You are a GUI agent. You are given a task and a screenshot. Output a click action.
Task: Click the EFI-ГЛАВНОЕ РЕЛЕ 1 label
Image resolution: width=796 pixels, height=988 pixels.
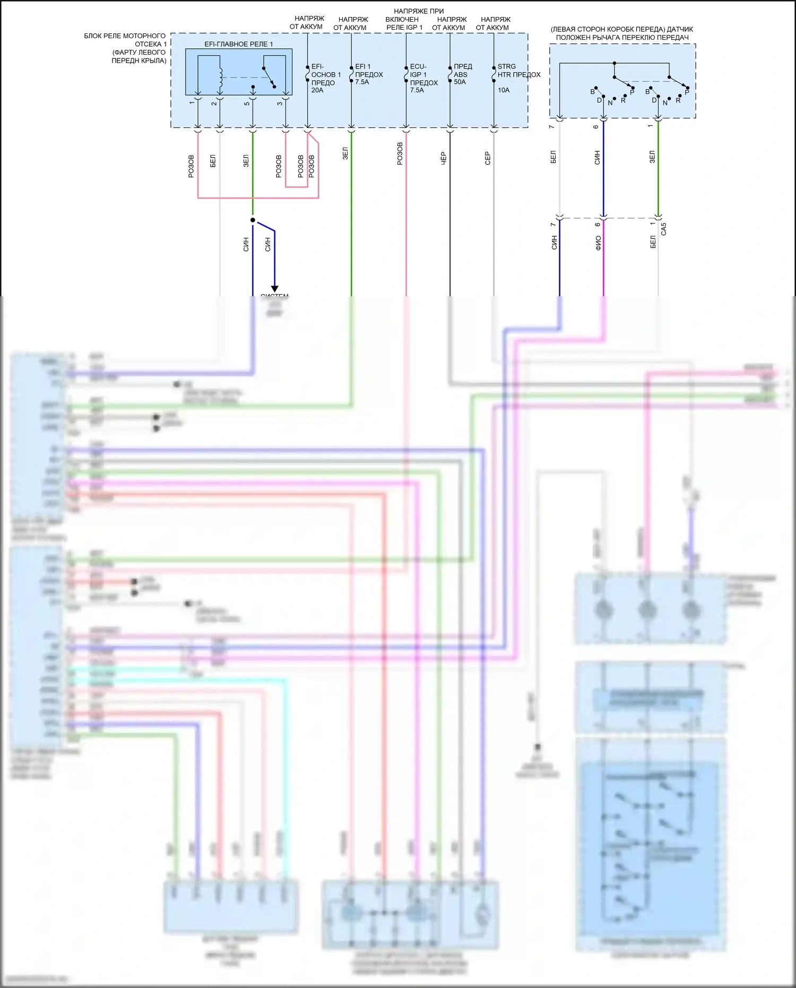click(x=238, y=44)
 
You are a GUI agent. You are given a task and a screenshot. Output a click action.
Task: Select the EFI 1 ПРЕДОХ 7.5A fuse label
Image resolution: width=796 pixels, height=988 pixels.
click(x=368, y=74)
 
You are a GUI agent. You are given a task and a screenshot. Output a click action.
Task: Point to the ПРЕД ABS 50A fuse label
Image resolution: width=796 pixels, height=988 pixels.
click(x=462, y=74)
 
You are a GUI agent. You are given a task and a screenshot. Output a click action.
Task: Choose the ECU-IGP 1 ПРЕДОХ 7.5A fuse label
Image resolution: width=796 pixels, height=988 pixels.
click(x=423, y=79)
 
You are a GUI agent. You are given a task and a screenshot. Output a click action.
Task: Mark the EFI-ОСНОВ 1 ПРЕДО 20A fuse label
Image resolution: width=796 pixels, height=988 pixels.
click(x=325, y=79)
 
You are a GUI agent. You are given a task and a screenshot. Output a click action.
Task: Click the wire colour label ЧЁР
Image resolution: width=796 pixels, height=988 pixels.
click(x=444, y=158)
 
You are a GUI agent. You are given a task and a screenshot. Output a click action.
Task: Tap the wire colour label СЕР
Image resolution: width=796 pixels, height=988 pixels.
click(x=488, y=158)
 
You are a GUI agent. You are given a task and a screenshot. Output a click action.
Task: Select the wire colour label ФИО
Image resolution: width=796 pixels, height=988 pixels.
click(x=598, y=243)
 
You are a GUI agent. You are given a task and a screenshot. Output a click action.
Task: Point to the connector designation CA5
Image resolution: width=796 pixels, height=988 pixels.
click(x=663, y=229)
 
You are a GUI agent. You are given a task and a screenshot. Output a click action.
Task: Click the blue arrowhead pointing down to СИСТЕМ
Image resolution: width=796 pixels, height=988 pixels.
click(x=274, y=289)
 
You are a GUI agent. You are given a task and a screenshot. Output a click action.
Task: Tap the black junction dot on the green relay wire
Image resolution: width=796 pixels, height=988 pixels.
click(x=253, y=220)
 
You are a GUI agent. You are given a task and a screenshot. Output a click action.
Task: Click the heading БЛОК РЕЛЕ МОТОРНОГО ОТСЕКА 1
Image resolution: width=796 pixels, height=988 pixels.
click(x=126, y=40)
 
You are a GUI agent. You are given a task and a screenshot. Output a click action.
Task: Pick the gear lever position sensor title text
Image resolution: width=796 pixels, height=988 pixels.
click(x=622, y=33)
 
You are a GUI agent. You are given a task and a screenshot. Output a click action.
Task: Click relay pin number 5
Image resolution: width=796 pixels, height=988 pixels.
click(x=247, y=103)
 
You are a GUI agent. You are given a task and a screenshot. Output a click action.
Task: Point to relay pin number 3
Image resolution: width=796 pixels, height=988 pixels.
click(x=280, y=103)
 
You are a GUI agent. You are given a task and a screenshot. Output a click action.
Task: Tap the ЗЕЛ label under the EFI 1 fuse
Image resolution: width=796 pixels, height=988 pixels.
click(x=345, y=153)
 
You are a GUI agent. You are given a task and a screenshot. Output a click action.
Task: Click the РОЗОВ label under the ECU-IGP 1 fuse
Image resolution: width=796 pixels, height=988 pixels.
click(x=400, y=153)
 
